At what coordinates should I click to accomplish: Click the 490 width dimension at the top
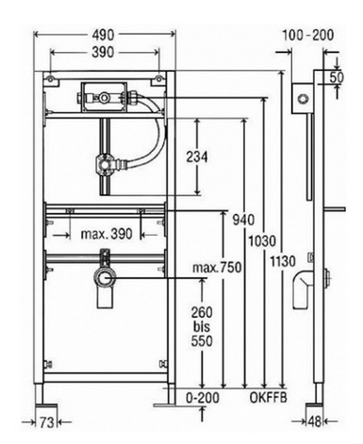[103, 35]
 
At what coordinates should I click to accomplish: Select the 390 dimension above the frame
[103, 52]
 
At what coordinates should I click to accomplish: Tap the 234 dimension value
[197, 156]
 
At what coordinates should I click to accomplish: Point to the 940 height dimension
[243, 220]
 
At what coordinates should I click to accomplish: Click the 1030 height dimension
[262, 241]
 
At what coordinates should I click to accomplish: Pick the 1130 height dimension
[283, 261]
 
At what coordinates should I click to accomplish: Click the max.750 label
[217, 268]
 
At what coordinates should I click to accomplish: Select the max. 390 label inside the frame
[107, 234]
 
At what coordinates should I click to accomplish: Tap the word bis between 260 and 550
[202, 327]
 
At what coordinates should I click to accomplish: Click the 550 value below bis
[202, 341]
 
